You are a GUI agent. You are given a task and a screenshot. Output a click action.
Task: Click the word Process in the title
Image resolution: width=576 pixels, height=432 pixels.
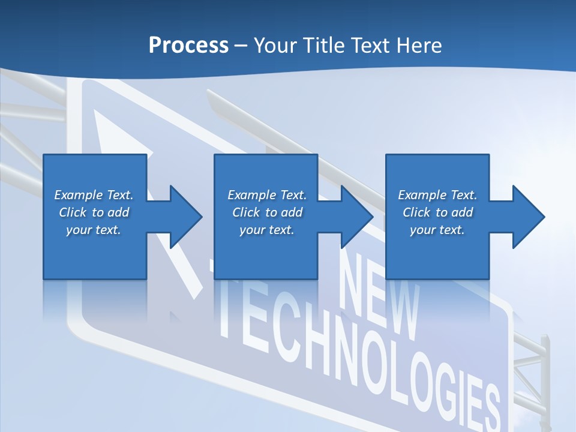click(188, 46)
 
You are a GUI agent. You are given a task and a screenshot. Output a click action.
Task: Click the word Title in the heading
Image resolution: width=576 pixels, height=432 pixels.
click(323, 46)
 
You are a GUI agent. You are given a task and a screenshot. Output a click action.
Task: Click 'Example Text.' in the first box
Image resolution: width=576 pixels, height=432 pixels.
click(94, 195)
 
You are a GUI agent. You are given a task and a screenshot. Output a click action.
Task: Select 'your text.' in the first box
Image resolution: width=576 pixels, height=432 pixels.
click(94, 230)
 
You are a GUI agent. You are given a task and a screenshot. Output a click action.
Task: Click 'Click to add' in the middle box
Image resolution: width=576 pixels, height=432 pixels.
click(267, 212)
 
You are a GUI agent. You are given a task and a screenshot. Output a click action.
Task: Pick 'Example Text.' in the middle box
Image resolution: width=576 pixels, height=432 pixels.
click(267, 195)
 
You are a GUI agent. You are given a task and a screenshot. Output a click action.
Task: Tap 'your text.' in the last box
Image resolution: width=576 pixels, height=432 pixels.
click(437, 230)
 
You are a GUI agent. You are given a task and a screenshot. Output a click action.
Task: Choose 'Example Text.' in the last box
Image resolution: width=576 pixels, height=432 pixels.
click(437, 195)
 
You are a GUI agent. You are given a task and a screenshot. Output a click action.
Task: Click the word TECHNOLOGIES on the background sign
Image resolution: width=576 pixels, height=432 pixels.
click(360, 354)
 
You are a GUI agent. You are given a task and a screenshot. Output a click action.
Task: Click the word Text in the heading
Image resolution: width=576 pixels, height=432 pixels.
click(370, 46)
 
